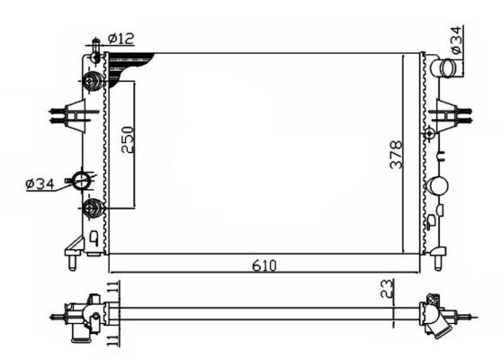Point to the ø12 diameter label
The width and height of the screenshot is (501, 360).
[121, 38]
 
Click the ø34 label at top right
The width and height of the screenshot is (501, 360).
[457, 40]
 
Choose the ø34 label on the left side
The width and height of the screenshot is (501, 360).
[41, 184]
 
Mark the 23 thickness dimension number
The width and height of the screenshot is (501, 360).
[386, 290]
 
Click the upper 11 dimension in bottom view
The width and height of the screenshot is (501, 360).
[112, 290]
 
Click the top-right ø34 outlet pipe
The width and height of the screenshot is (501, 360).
[441, 68]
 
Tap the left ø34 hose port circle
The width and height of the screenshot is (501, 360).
[84, 181]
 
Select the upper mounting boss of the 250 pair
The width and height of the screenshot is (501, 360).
[93, 83]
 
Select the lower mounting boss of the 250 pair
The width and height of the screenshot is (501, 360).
[93, 210]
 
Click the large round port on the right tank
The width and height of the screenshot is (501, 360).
[438, 187]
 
